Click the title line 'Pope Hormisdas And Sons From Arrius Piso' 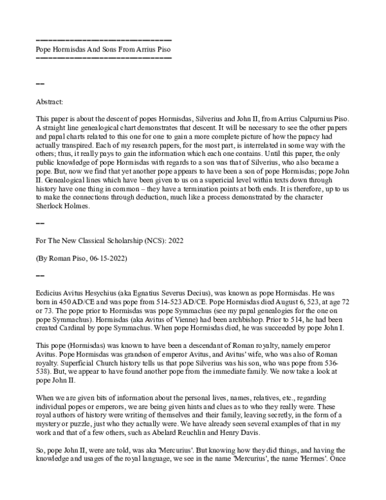(103, 49)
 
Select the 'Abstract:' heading (51, 101)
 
